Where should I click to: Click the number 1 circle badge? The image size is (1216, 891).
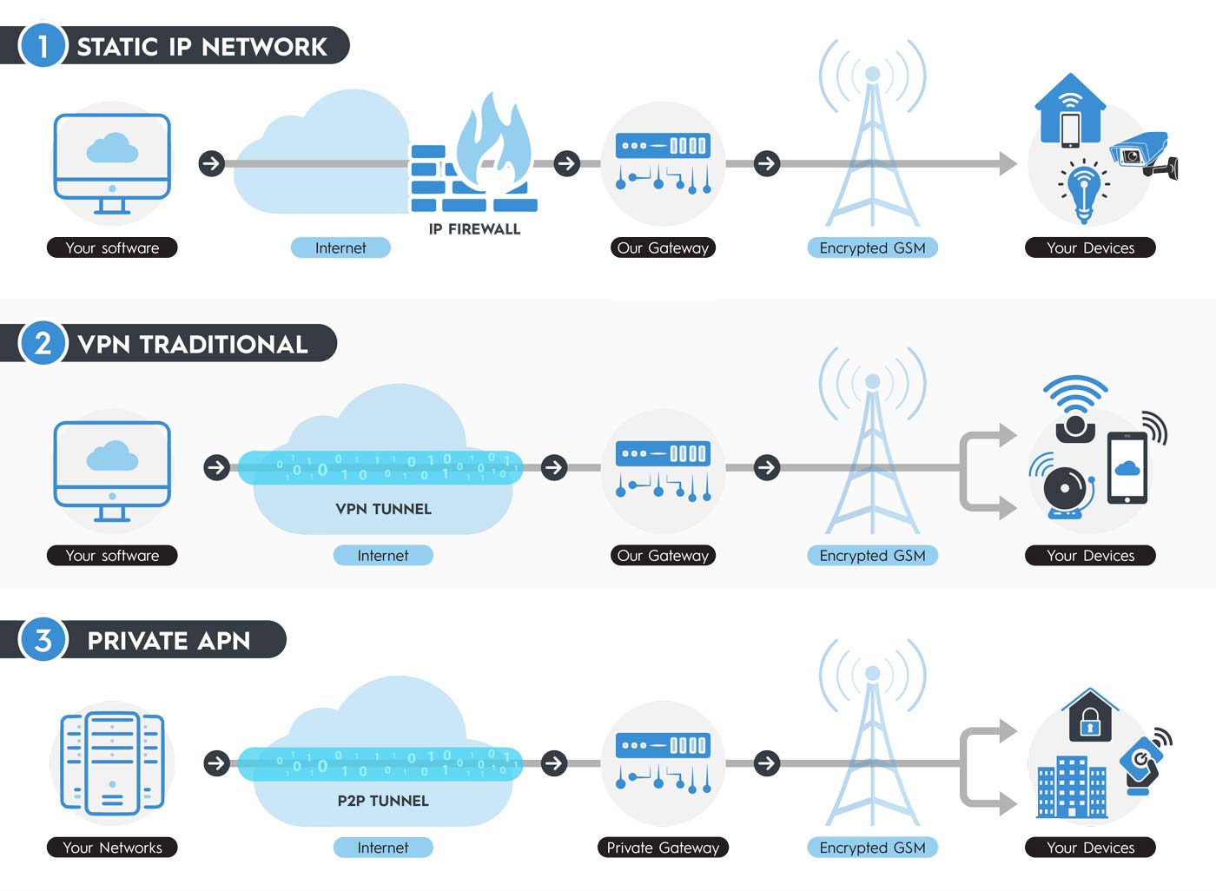(43, 45)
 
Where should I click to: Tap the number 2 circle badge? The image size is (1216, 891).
(43, 343)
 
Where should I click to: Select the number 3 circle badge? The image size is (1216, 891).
(43, 640)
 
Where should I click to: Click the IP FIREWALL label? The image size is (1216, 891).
(474, 229)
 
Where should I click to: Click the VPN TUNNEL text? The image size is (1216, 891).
(383, 509)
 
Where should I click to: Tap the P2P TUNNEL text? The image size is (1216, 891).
(383, 801)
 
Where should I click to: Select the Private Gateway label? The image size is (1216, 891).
(663, 848)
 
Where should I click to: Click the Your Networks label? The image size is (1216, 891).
(112, 848)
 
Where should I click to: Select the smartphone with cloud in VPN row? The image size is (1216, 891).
(1127, 468)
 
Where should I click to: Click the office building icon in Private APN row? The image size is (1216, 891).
(1071, 786)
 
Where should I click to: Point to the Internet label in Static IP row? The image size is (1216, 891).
(340, 247)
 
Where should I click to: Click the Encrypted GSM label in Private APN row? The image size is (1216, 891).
(872, 848)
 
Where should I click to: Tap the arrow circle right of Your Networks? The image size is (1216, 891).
(216, 763)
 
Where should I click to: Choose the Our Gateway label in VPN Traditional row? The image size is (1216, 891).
(663, 556)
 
